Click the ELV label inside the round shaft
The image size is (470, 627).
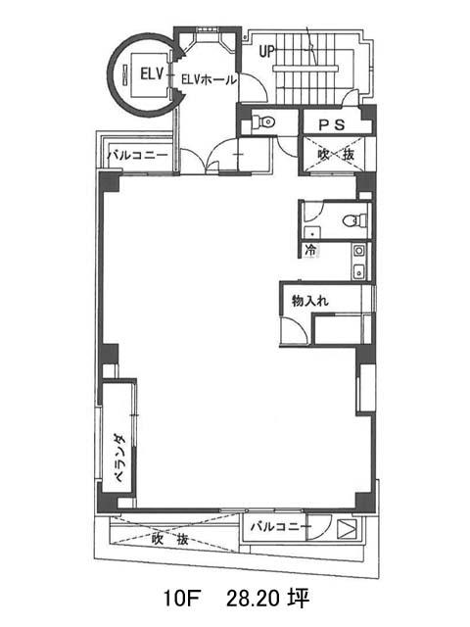tap(152, 74)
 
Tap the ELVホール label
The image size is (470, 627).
tap(209, 79)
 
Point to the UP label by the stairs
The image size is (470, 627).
tap(266, 51)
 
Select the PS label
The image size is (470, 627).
tap(332, 124)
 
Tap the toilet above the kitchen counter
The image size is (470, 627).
tap(355, 220)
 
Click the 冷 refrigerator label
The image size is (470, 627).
tap(310, 251)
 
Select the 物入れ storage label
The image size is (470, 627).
tap(310, 301)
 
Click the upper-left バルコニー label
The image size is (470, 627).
tap(138, 155)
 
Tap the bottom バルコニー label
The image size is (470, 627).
tap(281, 527)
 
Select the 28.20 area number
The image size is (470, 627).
tap(253, 599)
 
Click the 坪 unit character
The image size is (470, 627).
tap(299, 599)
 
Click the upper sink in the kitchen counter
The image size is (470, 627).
tap(359, 251)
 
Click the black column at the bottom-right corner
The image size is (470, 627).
tap(365, 502)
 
